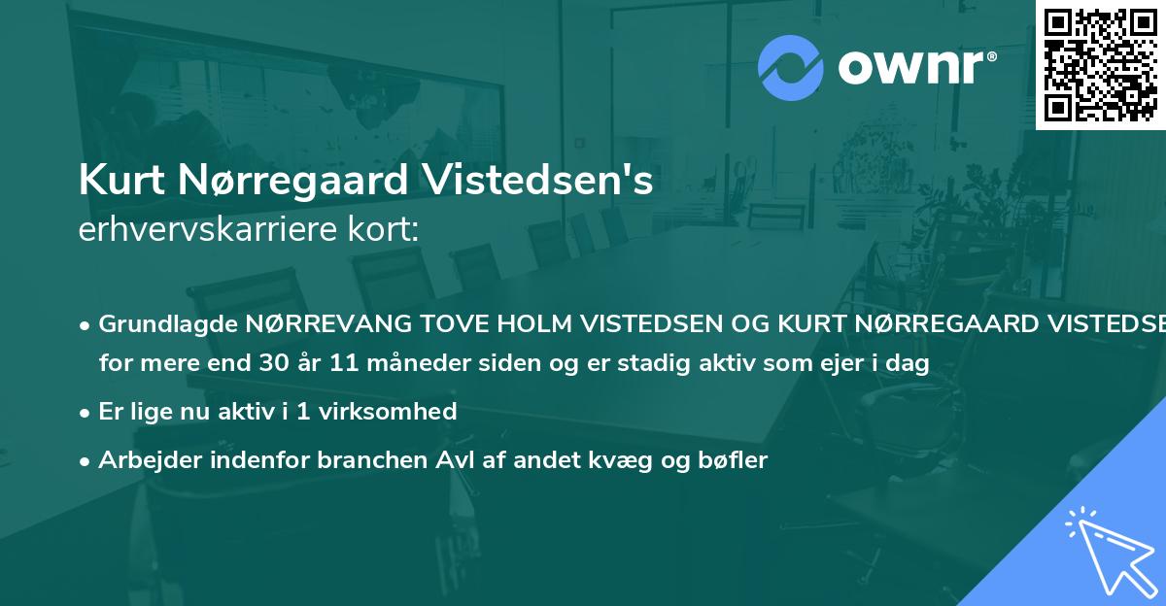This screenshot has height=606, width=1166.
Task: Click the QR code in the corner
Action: (x=1100, y=64)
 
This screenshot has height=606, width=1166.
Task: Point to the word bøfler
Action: (x=737, y=460)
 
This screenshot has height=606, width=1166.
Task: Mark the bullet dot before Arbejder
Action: (x=86, y=461)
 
